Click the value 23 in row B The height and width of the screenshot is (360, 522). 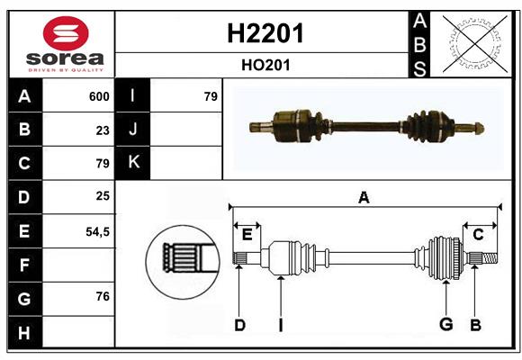(x=103, y=130)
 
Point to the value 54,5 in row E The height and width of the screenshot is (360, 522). (x=97, y=231)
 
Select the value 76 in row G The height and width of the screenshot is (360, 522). (x=103, y=296)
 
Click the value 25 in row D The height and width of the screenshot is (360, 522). (x=103, y=195)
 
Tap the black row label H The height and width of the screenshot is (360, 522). (x=24, y=333)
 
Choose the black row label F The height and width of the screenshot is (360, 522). (x=24, y=265)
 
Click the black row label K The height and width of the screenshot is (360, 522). (x=133, y=162)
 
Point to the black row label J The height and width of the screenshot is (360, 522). (x=133, y=130)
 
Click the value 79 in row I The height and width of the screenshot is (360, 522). (x=211, y=96)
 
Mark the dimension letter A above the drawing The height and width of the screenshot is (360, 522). (x=364, y=198)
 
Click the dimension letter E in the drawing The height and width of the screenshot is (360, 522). (x=247, y=235)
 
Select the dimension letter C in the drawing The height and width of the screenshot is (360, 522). (x=478, y=235)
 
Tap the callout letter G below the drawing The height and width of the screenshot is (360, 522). (x=445, y=325)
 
